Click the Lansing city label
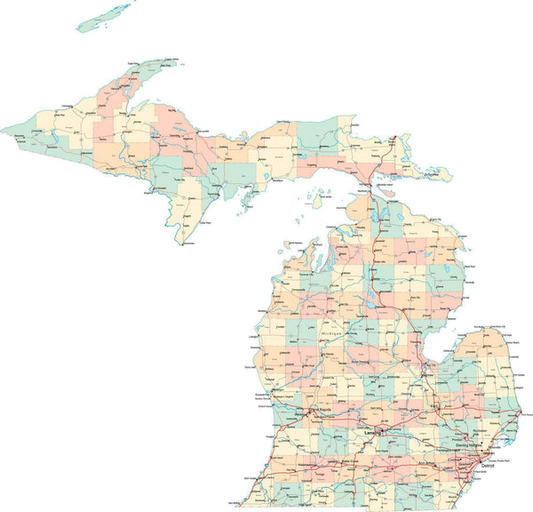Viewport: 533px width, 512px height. pos(370,433)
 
